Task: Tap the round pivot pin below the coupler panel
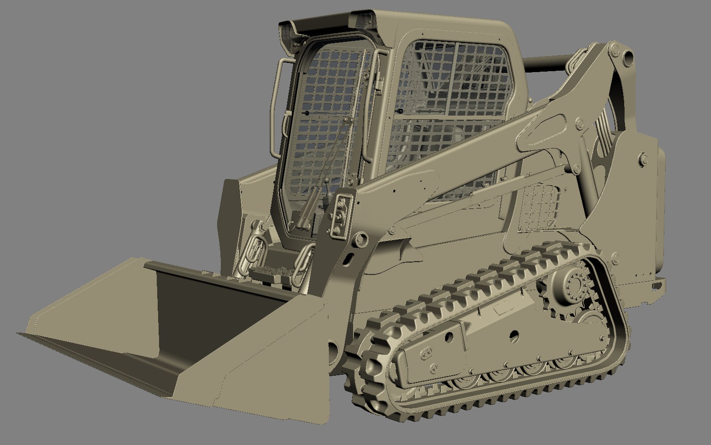click(361, 239)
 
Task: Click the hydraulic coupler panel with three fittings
click(340, 216)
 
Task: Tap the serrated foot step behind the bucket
click(272, 272)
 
